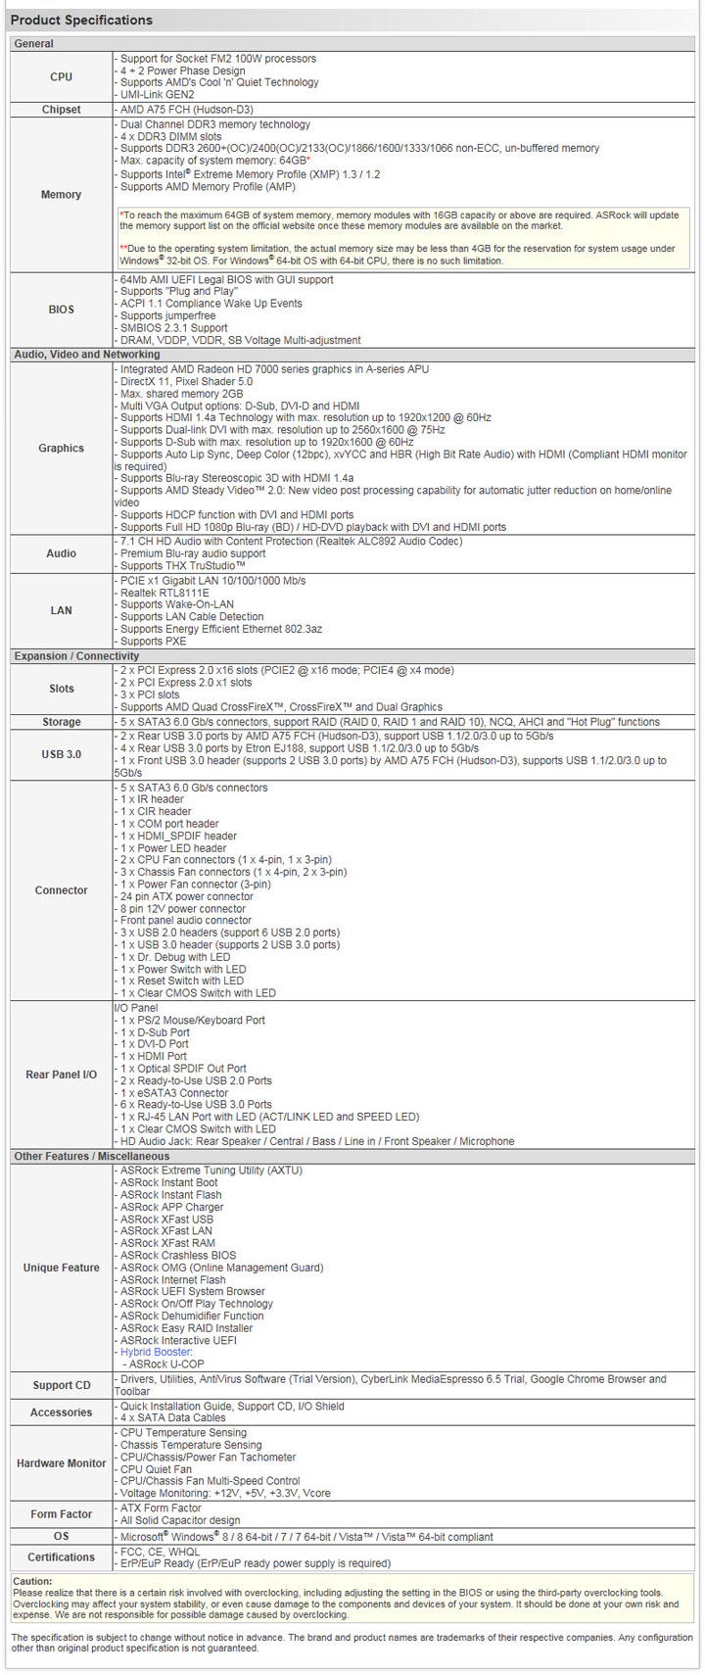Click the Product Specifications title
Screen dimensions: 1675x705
(81, 20)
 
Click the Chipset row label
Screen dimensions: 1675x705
(61, 110)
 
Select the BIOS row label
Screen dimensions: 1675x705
(61, 310)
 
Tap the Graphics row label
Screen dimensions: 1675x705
(61, 448)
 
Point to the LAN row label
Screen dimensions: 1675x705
(61, 610)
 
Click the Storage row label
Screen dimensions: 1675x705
(61, 722)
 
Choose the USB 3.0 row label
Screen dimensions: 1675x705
(61, 754)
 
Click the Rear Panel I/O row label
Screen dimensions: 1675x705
(61, 1075)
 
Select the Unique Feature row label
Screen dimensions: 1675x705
(61, 1268)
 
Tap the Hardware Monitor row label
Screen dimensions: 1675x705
(61, 1463)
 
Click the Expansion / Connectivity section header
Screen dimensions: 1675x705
(76, 656)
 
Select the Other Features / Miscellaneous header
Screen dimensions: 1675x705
(91, 1157)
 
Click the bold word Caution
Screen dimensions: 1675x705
(32, 1581)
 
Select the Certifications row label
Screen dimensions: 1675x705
(61, 1557)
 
